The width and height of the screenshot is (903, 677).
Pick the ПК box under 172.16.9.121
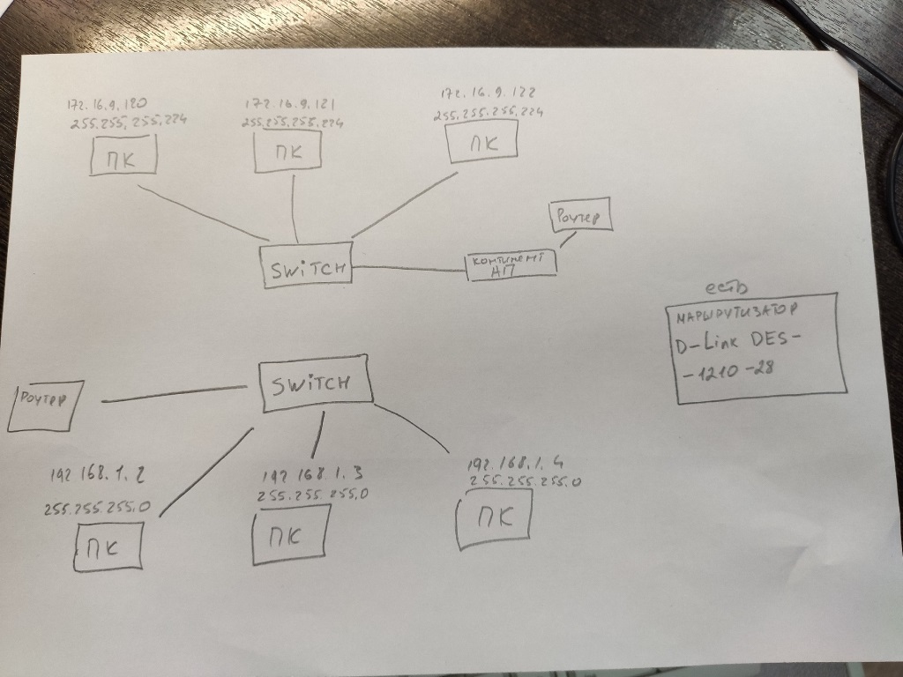[x=287, y=152]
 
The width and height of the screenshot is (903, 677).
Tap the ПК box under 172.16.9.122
[x=481, y=143]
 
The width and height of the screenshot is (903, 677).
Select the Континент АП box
[x=511, y=265]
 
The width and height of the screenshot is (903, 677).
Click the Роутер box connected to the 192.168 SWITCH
[x=45, y=405]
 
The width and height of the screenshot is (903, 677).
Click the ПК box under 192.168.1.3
[x=291, y=535]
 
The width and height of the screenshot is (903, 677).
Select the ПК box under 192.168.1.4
[x=494, y=518]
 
